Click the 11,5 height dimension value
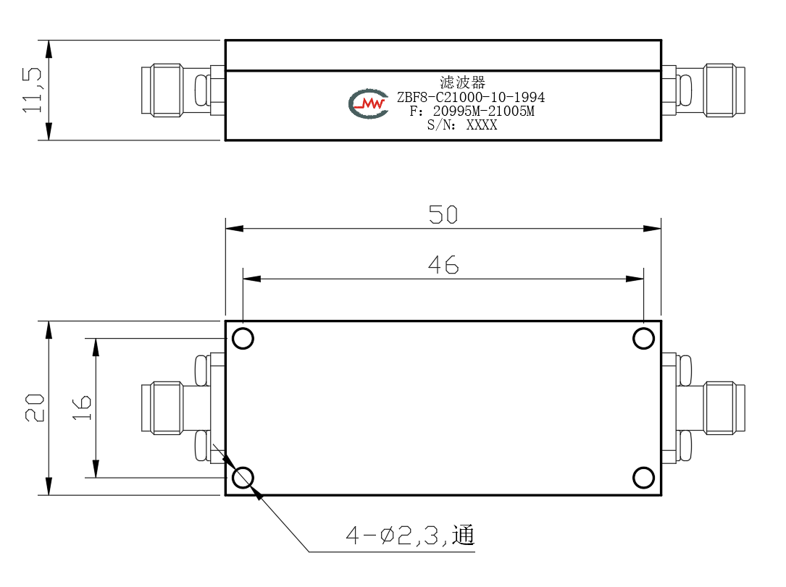(32, 90)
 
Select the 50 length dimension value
(443, 215)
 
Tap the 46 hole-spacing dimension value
(443, 265)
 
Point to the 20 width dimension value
(35, 407)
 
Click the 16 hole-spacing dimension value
(82, 407)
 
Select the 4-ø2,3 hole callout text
(410, 536)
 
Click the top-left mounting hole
(243, 339)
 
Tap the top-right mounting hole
(643, 339)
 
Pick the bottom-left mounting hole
(243, 478)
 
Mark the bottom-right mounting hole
(643, 478)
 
